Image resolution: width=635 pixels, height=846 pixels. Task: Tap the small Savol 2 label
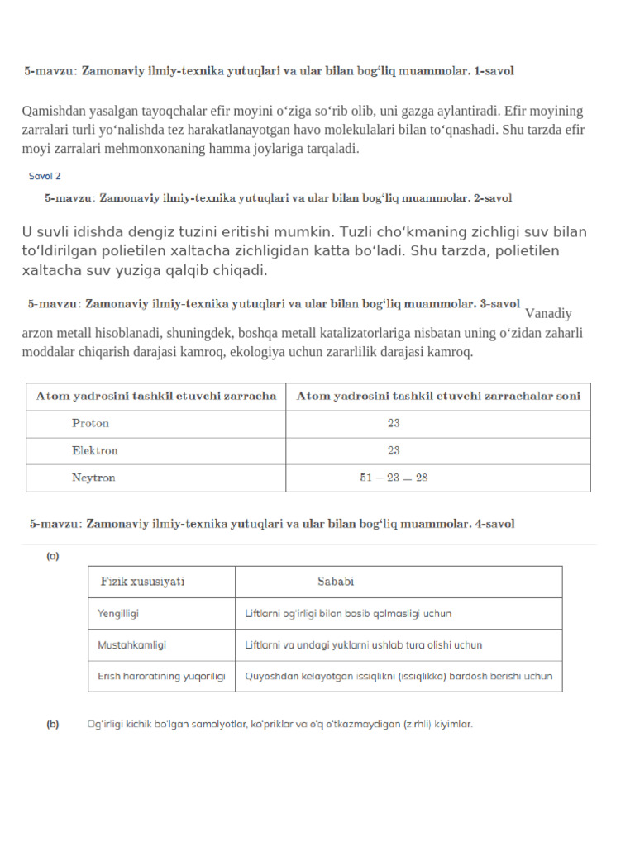45,176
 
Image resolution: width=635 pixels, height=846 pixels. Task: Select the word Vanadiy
548,314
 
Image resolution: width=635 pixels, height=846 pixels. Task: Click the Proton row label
91,423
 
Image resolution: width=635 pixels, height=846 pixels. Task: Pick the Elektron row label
95,450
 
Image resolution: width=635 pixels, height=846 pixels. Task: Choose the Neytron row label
93,478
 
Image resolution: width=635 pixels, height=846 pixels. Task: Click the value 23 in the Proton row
394,423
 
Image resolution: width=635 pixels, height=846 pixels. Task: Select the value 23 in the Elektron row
394,450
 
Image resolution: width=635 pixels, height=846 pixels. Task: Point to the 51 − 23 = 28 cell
394,478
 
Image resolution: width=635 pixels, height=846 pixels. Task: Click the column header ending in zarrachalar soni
438,396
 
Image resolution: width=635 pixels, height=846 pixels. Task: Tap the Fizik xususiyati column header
142,581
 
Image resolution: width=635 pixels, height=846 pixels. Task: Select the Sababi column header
336,581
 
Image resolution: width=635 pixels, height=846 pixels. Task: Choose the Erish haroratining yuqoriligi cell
161,676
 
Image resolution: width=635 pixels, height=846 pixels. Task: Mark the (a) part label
52,557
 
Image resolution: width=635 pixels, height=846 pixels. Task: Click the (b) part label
52,725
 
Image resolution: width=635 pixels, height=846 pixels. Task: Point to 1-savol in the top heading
494,72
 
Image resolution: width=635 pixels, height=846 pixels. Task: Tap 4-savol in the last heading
494,524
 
